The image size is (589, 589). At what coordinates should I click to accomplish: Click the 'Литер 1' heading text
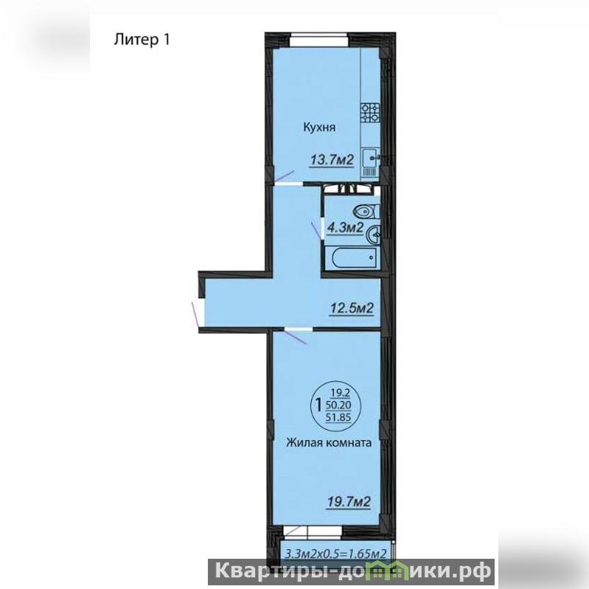142,40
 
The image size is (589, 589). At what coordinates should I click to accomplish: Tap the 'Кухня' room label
319,128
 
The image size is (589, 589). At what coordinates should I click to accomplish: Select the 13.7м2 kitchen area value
332,161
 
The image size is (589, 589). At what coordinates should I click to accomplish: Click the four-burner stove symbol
370,113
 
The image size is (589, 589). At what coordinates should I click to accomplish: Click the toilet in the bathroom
366,212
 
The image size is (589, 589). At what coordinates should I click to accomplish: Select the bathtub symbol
354,258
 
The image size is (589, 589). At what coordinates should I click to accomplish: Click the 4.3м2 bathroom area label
345,228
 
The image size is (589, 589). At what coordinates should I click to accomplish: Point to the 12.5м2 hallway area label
352,309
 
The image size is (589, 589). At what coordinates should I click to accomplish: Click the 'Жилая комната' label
329,442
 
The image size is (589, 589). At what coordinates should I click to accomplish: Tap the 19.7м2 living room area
349,501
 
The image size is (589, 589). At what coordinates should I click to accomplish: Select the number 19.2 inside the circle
341,394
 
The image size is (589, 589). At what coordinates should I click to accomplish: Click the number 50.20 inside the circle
339,405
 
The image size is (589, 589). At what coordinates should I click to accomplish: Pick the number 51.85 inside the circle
339,417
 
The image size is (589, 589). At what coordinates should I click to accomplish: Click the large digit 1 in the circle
318,405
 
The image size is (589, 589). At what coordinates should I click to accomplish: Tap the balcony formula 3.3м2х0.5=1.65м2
336,554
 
